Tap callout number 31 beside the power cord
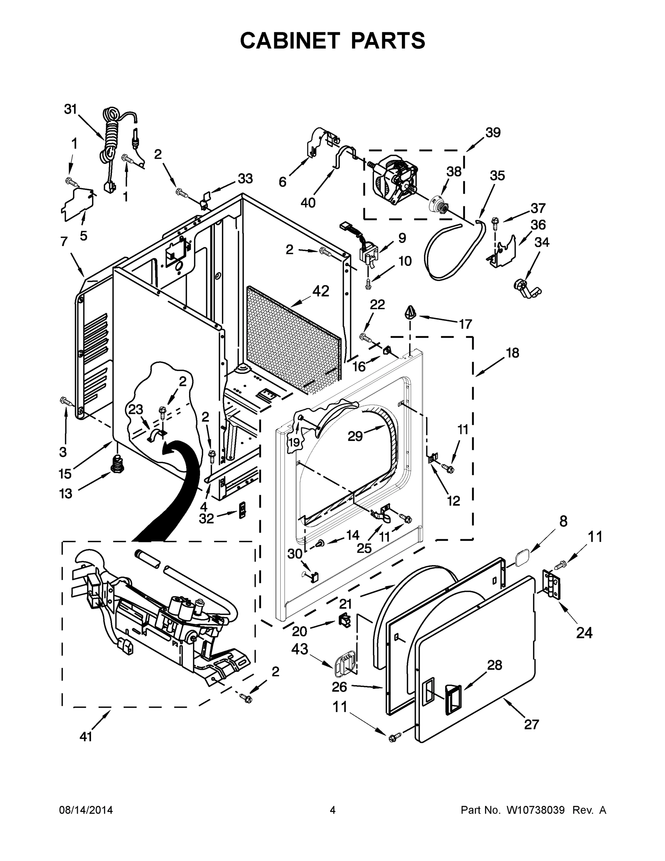pyautogui.click(x=71, y=109)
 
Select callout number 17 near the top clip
pyautogui.click(x=465, y=324)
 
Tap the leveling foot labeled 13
pyautogui.click(x=117, y=463)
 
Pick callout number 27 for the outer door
pyautogui.click(x=531, y=724)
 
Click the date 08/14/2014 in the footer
pyautogui.click(x=86, y=810)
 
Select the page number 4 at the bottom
pyautogui.click(x=333, y=810)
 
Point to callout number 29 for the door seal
pyautogui.click(x=355, y=436)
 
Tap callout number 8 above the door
pyautogui.click(x=563, y=521)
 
